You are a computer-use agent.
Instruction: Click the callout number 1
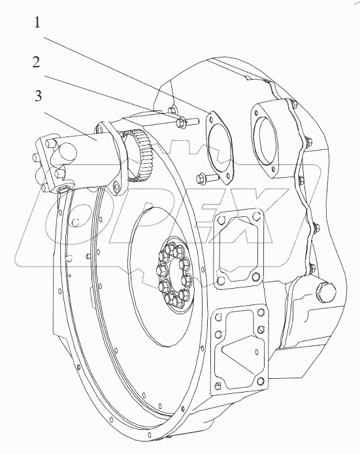(x=37, y=22)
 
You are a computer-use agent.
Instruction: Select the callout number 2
(x=36, y=62)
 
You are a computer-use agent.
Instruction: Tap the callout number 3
(x=39, y=96)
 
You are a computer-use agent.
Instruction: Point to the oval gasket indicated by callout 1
(x=219, y=147)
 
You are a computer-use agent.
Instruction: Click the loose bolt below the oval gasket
(x=207, y=177)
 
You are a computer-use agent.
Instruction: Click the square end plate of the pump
(x=54, y=166)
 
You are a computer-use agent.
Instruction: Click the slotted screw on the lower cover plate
(x=261, y=329)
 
